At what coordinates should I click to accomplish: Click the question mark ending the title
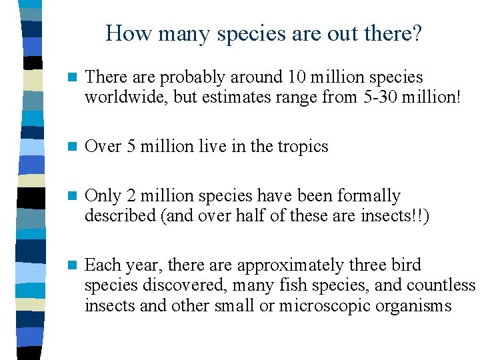tap(417, 33)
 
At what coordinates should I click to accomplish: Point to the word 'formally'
tap(370, 196)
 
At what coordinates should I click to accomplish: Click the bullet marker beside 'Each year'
tap(71, 265)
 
